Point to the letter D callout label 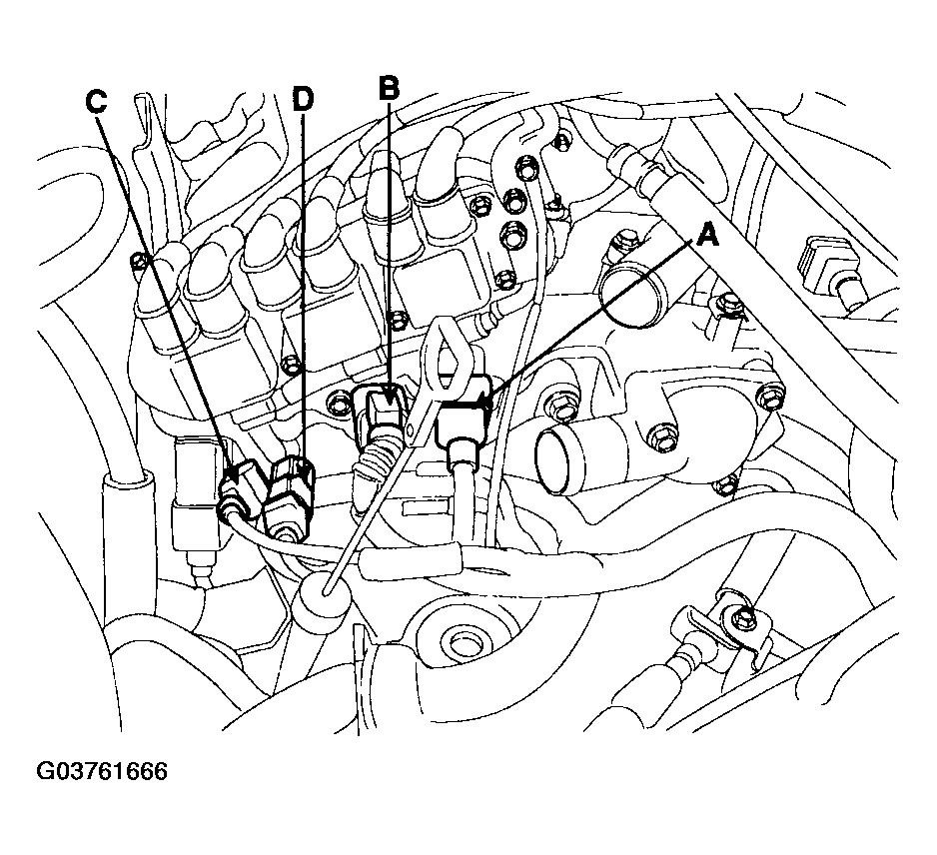(x=303, y=99)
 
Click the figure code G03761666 (x=102, y=771)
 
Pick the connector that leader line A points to (x=464, y=414)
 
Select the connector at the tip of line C (x=243, y=484)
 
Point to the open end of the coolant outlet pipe (x=552, y=461)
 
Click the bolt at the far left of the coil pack (x=139, y=261)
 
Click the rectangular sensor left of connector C (x=195, y=493)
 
